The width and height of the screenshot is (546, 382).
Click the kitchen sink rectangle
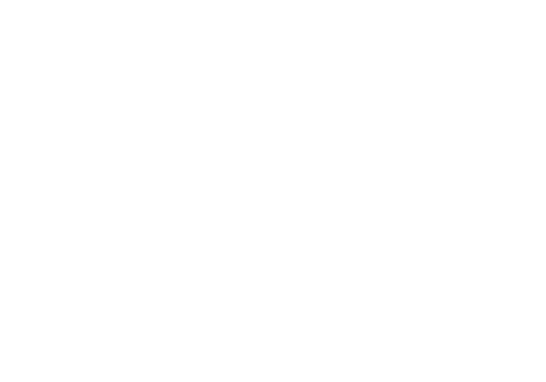[x=245, y=361]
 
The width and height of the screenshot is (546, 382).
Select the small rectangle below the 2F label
[x=332, y=181]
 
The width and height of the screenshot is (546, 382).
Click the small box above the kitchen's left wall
[x=238, y=250]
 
